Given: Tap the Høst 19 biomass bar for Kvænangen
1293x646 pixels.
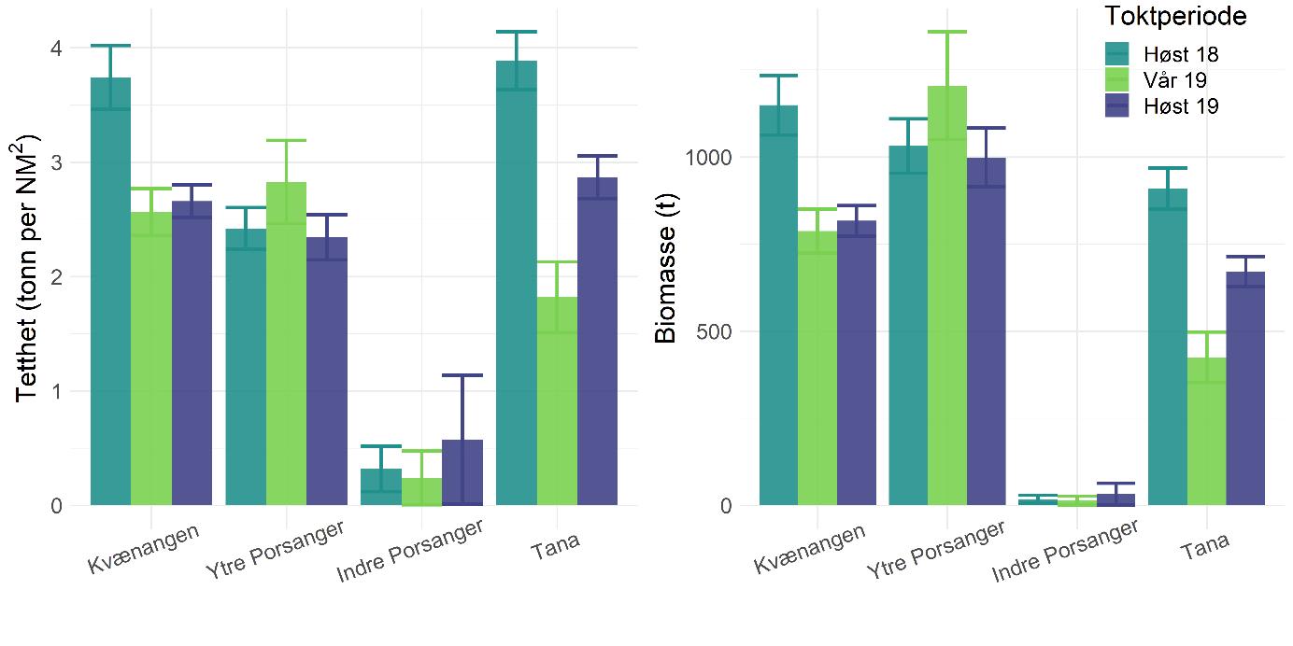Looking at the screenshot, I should (857, 363).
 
